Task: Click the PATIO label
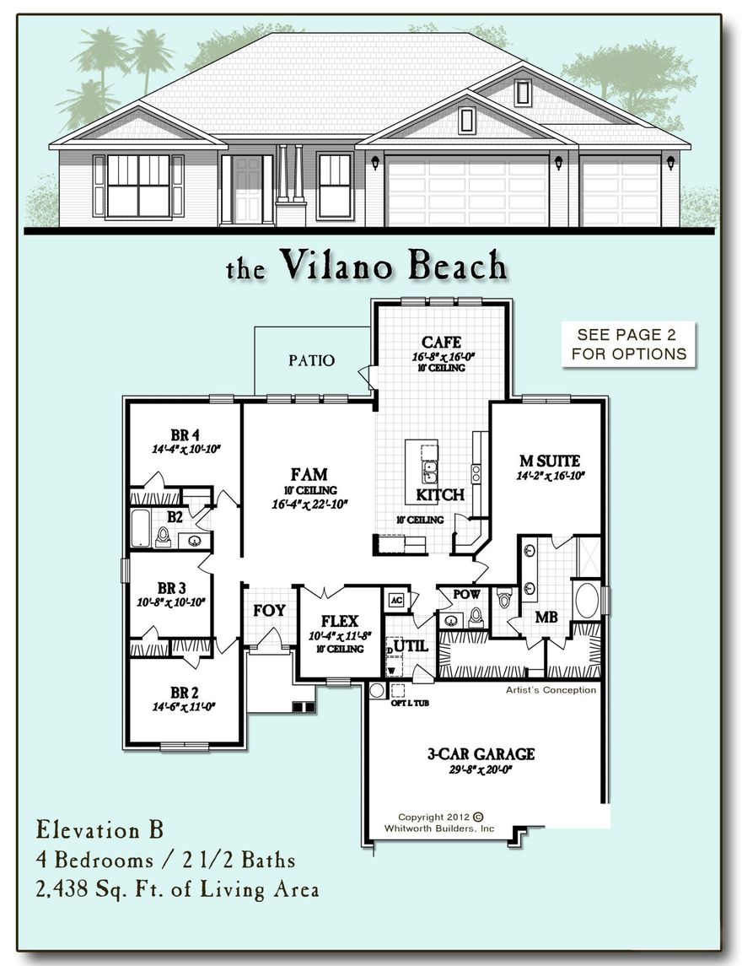pos(311,360)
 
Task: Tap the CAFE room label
pos(442,342)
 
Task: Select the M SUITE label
pos(549,461)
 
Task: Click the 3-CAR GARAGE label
pos(481,753)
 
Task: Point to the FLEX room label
pos(340,621)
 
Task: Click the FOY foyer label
pos(269,610)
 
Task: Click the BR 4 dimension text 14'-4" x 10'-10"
pos(185,450)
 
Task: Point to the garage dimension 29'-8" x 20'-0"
pos(481,769)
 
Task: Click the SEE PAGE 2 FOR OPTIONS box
pos(629,344)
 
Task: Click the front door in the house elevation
pos(247,190)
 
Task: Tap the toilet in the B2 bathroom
pos(163,537)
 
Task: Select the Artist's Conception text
pos(551,690)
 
